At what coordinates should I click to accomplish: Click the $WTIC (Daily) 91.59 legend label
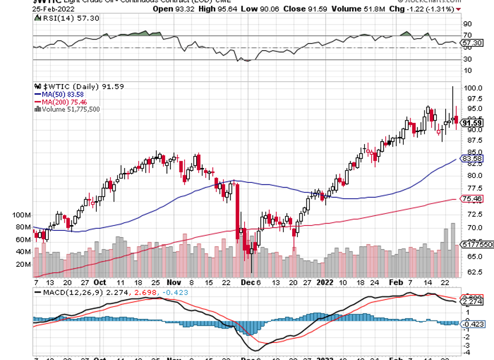tap(79, 87)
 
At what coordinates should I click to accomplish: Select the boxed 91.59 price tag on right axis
tap(473, 122)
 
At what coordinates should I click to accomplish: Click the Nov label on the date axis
tap(174, 282)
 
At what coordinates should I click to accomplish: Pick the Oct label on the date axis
tap(99, 282)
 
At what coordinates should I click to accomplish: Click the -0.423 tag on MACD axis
tap(473, 323)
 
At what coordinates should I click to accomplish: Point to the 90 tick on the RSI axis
tap(467, 24)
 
